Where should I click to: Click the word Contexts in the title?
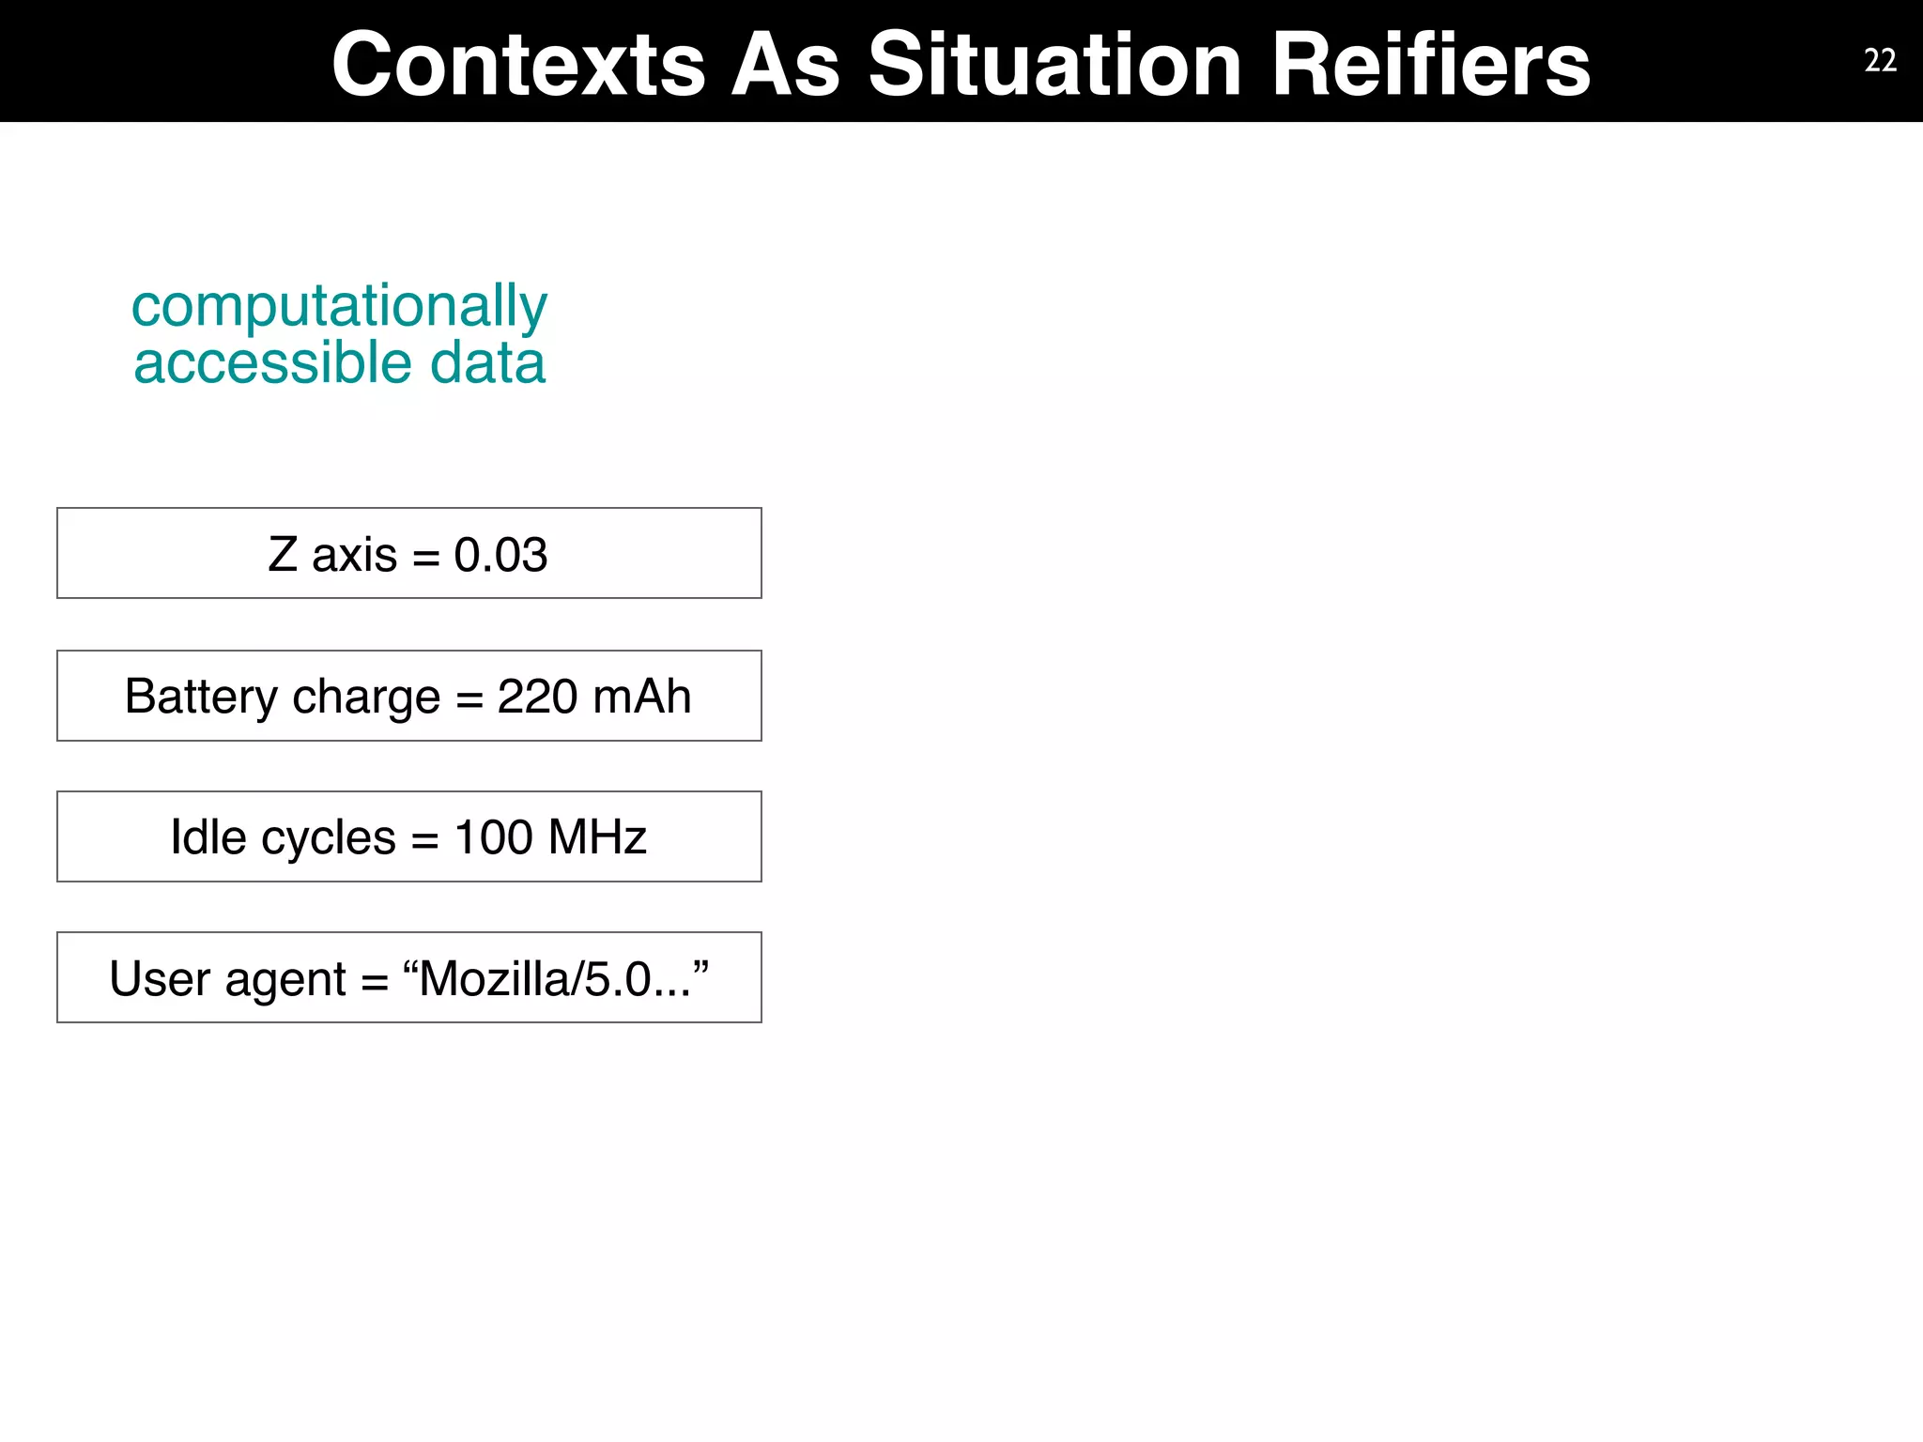[518, 64]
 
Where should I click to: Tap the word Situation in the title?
[1054, 64]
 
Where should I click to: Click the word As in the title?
[785, 64]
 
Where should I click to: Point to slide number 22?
[1880, 61]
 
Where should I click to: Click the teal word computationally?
[339, 308]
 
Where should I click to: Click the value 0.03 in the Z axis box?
[500, 555]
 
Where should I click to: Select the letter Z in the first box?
[283, 554]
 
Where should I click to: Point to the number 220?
[536, 697]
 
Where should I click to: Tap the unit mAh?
[642, 697]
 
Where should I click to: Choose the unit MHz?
[597, 836]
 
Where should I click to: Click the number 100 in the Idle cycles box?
[493, 836]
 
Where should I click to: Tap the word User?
[159, 979]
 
